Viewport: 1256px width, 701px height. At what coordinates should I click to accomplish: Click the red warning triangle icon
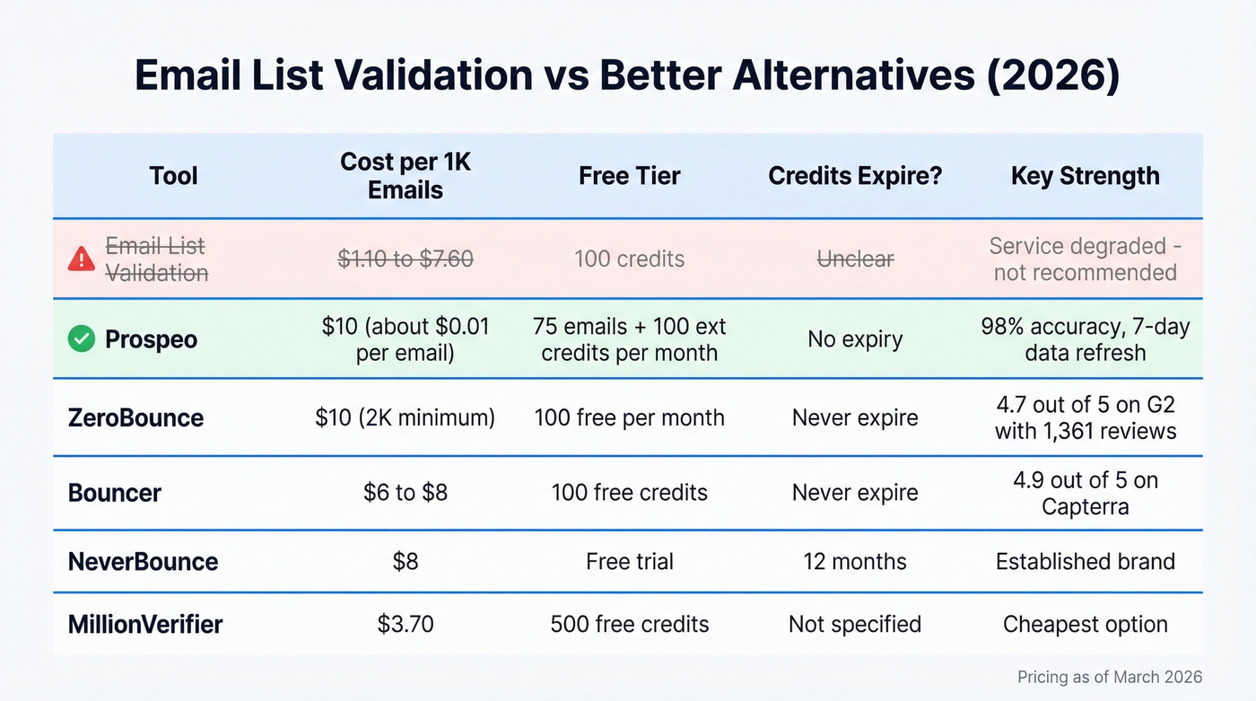click(82, 259)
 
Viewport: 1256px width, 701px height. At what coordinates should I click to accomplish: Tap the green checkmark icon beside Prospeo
click(82, 339)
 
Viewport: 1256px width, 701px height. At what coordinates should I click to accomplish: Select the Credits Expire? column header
click(855, 175)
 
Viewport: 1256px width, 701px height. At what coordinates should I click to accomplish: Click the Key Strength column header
click(1085, 175)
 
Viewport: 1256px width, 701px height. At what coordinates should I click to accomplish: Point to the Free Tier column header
click(629, 175)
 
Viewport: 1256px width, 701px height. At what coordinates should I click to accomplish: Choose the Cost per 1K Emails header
click(406, 176)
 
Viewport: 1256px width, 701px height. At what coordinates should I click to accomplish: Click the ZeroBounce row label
click(135, 417)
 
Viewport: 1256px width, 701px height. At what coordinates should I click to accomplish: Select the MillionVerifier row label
click(145, 624)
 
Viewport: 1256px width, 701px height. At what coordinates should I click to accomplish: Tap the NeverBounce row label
click(143, 562)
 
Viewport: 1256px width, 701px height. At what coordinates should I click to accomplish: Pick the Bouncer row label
click(115, 493)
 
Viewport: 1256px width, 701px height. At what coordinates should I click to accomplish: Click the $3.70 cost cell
click(406, 624)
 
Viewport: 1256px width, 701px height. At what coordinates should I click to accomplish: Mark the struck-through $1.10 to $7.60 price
click(406, 259)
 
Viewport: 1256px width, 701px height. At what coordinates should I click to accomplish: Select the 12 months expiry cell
click(855, 562)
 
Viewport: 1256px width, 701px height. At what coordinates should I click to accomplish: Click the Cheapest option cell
click(1085, 624)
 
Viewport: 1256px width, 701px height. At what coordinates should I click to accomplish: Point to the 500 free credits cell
click(629, 624)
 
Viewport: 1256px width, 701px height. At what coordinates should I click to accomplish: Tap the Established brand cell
click(1085, 562)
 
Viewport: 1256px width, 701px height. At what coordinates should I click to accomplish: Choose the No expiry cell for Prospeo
click(855, 339)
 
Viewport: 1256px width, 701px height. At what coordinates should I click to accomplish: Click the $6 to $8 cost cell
click(406, 493)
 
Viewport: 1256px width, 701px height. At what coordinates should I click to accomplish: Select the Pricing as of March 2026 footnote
click(1110, 677)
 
